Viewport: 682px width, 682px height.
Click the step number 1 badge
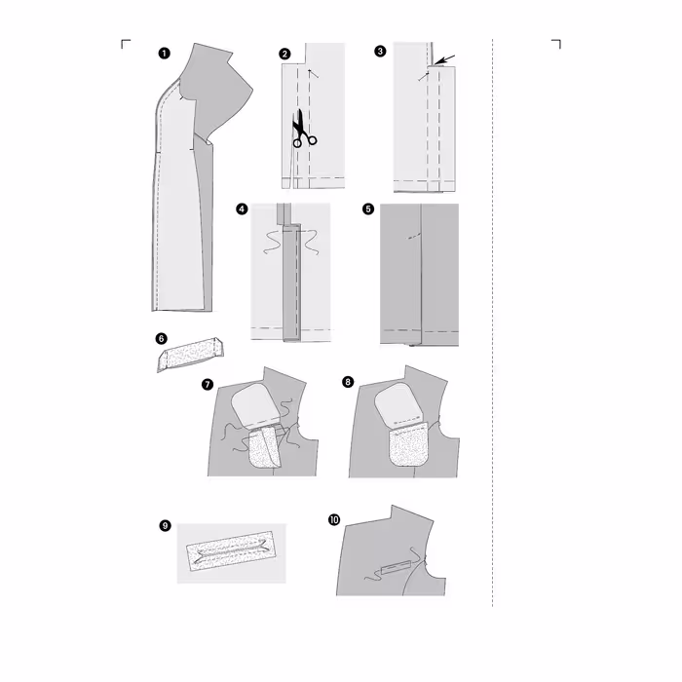pos(164,54)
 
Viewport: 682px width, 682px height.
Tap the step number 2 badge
pos(284,54)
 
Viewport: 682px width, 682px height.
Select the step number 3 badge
pos(380,52)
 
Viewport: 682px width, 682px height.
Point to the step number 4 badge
pos(242,209)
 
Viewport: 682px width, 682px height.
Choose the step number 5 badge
pos(368,209)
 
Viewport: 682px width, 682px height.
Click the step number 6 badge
pos(162,339)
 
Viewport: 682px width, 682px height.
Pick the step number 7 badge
pos(208,385)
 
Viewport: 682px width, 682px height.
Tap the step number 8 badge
pos(348,382)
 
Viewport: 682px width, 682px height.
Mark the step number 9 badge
pos(165,526)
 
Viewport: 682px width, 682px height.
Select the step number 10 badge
pos(334,519)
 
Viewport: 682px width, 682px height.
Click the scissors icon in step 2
pos(303,129)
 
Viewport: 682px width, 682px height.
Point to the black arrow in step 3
pos(444,60)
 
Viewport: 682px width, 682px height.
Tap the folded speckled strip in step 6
pos(191,354)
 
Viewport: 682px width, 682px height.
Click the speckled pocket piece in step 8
pos(408,445)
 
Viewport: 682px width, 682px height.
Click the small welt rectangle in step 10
pos(396,568)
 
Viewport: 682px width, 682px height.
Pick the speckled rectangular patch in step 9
pos(231,550)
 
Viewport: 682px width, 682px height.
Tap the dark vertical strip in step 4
pos(292,283)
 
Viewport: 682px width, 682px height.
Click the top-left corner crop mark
pos(126,44)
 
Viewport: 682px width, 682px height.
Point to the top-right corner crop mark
pos(556,44)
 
